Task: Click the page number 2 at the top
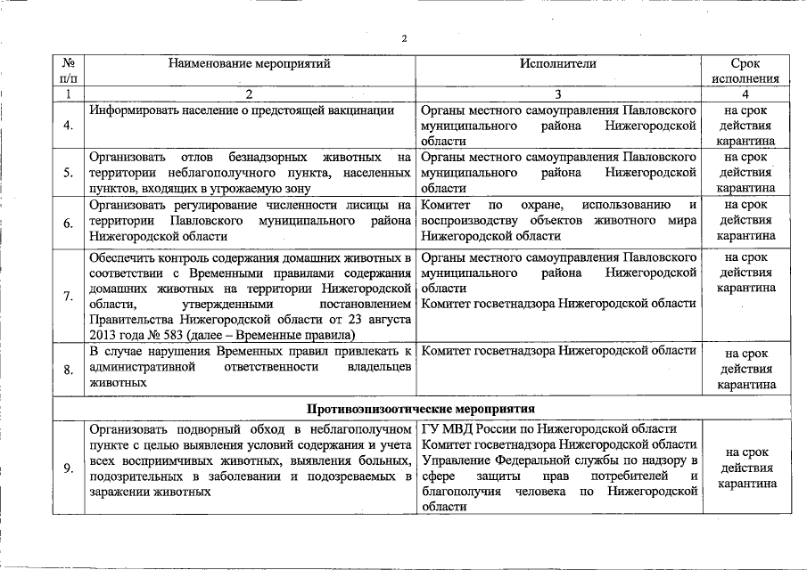pos(403,38)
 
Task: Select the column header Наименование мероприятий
pos(249,63)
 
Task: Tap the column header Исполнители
pos(559,63)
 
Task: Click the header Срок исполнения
pos(745,71)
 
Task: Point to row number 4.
pos(69,125)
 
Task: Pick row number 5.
pos(69,172)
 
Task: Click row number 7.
pos(69,296)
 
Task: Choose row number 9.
pos(69,468)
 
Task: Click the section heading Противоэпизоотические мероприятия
pos(421,409)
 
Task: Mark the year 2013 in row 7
pos(103,334)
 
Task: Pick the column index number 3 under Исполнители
pos(558,93)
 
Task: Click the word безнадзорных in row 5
pos(267,158)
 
